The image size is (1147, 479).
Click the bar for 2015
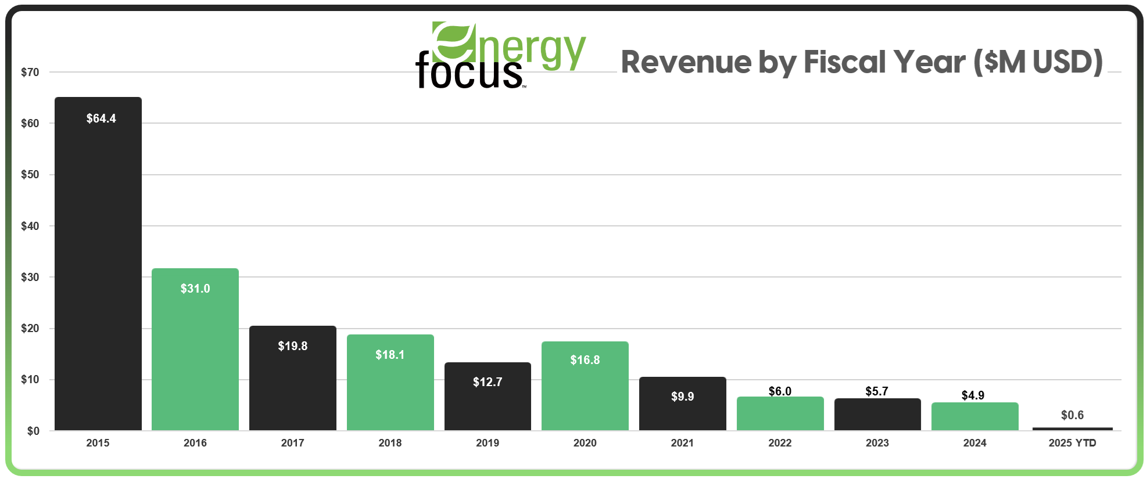98,264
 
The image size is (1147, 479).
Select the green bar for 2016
195,349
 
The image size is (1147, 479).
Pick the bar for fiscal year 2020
585,386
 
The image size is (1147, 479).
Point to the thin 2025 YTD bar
1072,428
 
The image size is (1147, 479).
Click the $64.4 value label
101,118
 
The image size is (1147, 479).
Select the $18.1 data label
390,355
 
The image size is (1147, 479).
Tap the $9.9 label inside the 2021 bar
683,397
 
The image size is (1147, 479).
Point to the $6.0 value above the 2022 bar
780,391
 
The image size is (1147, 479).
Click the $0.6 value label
1072,415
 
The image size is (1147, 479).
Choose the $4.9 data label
973,395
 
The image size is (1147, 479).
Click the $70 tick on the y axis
30,73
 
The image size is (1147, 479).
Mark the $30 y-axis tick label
30,278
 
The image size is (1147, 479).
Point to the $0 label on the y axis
33,431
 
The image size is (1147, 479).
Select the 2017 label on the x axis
292,443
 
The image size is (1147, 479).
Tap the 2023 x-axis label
877,443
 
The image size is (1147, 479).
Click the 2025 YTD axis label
1072,443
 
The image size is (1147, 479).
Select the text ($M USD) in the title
1038,62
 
